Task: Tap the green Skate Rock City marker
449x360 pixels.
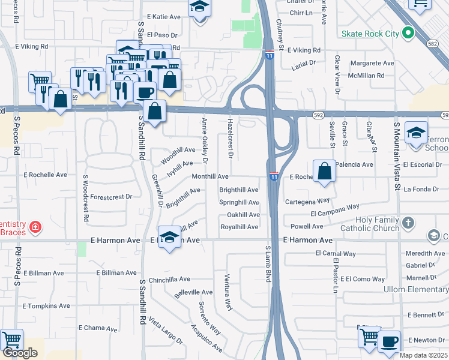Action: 408,33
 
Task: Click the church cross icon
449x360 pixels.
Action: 408,223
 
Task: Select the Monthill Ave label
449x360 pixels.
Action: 209,177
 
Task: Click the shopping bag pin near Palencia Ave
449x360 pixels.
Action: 324,170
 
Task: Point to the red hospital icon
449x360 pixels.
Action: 35,227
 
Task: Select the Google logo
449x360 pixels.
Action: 20,353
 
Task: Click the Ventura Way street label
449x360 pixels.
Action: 228,292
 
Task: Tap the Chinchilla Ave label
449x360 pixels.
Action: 169,279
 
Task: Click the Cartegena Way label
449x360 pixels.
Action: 307,201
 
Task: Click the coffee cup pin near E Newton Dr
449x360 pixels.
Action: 389,341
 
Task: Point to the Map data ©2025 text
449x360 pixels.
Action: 423,355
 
